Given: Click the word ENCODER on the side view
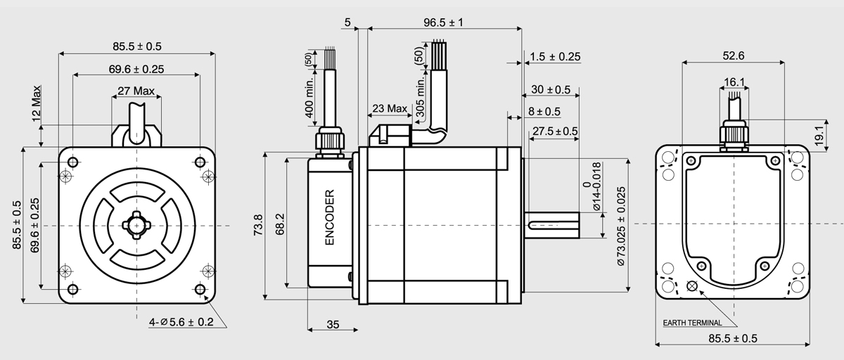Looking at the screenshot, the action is click(x=329, y=217).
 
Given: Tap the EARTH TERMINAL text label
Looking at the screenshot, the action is click(x=692, y=323).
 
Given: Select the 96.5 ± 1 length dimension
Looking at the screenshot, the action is click(x=444, y=22).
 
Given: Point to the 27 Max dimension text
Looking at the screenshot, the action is click(x=136, y=91).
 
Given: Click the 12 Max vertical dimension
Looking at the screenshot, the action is click(x=37, y=103).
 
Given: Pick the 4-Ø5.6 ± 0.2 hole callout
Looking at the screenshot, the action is click(x=181, y=322).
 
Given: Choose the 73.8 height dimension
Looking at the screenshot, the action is click(x=258, y=225).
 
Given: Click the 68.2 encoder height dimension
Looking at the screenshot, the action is click(x=280, y=224).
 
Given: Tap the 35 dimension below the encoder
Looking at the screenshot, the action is click(x=333, y=324).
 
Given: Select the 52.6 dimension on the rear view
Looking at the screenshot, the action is click(x=733, y=56).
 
